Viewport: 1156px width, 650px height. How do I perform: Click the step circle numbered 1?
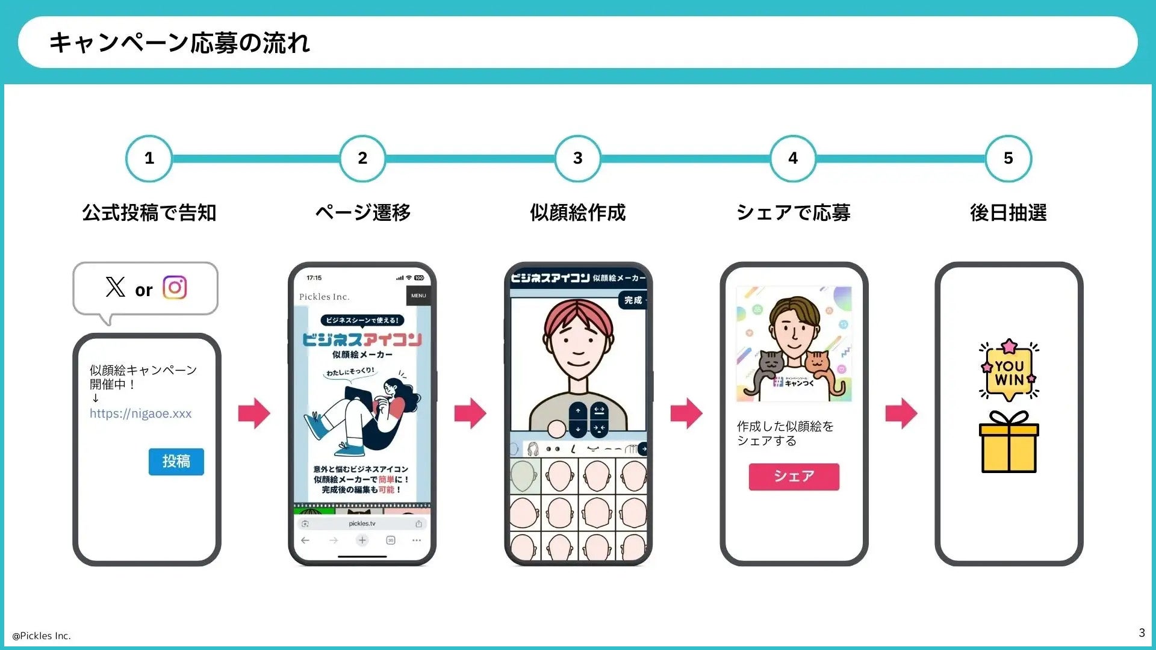click(x=149, y=158)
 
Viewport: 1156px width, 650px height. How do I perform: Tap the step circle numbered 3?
click(x=577, y=158)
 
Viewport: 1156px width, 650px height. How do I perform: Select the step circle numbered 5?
click(x=1008, y=158)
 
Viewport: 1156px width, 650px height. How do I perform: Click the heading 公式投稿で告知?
click(x=149, y=212)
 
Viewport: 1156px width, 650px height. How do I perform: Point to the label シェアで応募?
click(x=793, y=212)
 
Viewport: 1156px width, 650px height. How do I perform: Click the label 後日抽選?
click(x=1008, y=212)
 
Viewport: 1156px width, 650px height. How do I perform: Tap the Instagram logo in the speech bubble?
click(x=175, y=288)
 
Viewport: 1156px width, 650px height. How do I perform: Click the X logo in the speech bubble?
click(x=115, y=287)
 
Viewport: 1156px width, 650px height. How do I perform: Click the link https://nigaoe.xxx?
click(x=140, y=413)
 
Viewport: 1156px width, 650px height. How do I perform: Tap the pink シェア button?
click(x=794, y=477)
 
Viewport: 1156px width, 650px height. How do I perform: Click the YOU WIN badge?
click(x=1009, y=372)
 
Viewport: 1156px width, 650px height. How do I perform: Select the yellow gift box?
click(x=1009, y=444)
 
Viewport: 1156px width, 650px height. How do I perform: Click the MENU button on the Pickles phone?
click(x=418, y=296)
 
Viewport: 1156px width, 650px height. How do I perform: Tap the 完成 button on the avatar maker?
click(x=633, y=300)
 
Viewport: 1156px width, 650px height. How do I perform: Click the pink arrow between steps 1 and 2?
click(x=254, y=413)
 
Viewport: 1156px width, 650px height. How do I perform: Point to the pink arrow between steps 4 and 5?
click(x=901, y=413)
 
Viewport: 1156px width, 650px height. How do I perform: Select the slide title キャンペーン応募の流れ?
click(x=179, y=43)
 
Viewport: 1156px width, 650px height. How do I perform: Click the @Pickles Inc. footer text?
click(x=42, y=636)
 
